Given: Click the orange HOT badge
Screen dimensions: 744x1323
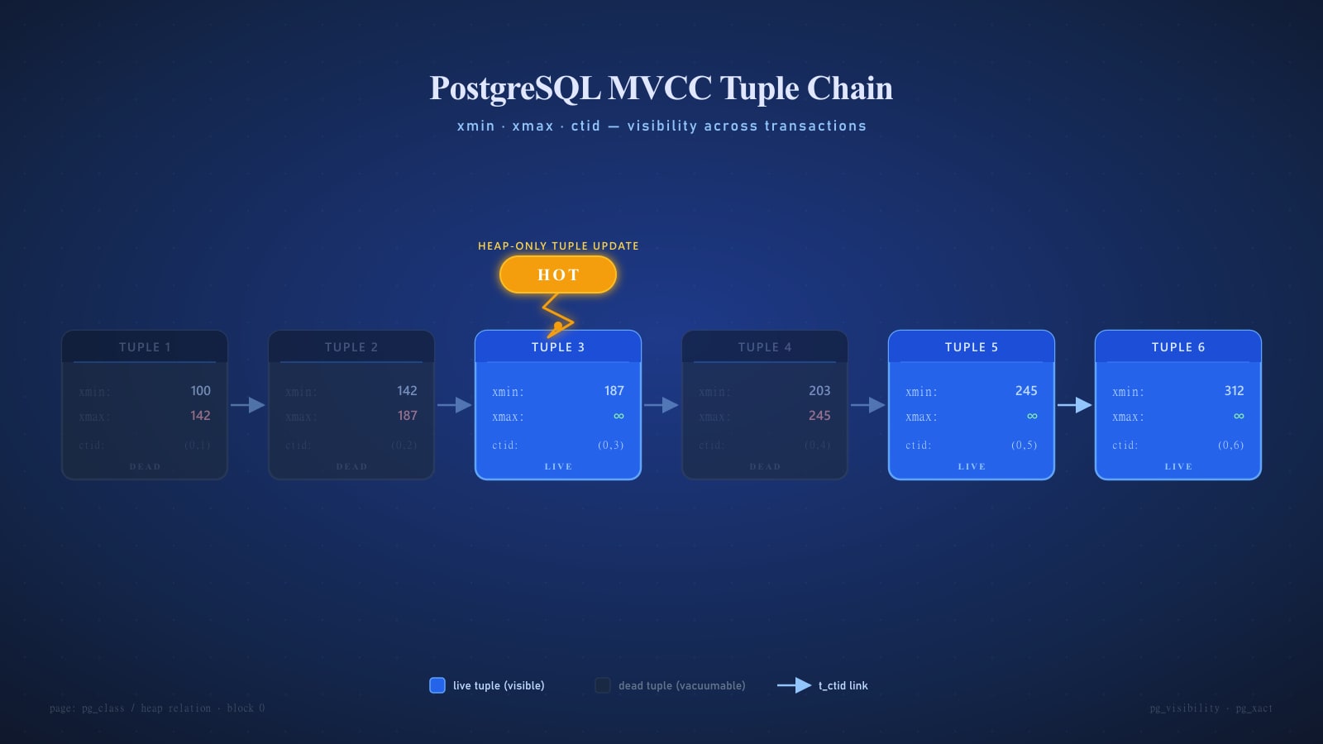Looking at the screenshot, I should coord(558,274).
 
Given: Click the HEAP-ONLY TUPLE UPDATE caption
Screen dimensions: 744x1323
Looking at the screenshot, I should coord(558,246).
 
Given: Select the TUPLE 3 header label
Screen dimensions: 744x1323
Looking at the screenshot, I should coord(558,347).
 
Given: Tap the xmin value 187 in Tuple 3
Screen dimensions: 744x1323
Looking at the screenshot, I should coord(614,391).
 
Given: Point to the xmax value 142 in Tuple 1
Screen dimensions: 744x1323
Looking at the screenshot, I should coord(200,416).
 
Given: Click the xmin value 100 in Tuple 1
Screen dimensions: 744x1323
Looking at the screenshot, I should coord(200,391).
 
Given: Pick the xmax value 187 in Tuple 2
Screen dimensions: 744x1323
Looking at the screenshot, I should coord(407,416).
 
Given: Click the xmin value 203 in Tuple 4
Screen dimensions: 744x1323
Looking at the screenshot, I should coord(819,391).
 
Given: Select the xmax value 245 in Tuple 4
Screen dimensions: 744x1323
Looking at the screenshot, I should coord(819,416).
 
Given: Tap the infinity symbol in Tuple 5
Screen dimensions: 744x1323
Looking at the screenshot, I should coord(1032,416).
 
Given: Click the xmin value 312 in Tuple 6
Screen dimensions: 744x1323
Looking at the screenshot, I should coord(1234,391).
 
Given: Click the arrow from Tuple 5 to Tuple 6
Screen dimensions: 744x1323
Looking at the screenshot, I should coord(1074,405).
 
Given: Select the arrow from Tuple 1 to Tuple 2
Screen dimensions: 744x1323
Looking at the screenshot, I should coord(247,405).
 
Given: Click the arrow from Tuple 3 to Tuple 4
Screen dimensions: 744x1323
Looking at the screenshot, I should coord(661,405).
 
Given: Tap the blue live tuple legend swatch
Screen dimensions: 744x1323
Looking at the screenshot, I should coord(437,685).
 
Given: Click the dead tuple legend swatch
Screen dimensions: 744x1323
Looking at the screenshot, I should coord(603,685).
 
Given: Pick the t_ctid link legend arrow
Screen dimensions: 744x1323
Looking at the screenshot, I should coord(794,685).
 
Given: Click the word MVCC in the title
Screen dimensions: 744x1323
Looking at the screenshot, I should coord(659,88).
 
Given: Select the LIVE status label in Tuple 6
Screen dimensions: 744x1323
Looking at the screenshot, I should coord(1178,467).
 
